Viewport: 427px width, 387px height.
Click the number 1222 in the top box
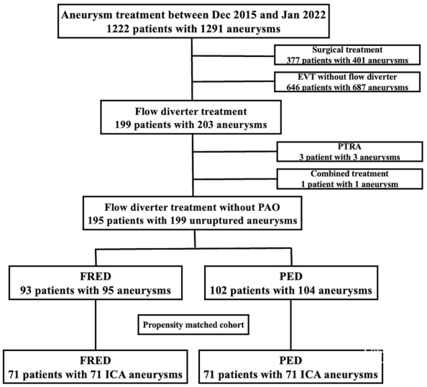pos(118,29)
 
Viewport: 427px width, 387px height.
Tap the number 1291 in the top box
pos(212,29)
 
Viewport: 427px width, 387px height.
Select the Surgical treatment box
pos(347,55)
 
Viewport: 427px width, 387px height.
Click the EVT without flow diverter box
pos(347,82)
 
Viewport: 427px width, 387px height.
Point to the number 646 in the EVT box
pos(293,87)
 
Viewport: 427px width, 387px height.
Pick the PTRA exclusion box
pos(349,152)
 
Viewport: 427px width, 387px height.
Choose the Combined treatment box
pos(349,179)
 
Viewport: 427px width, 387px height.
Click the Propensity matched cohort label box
pos(193,325)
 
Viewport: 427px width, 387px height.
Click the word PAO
pos(269,207)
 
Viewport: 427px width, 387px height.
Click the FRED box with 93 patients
pos(96,283)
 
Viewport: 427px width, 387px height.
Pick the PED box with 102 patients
pos(291,283)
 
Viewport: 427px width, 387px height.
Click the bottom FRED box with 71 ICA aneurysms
pos(96,367)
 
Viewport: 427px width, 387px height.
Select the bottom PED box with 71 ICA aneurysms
pos(290,367)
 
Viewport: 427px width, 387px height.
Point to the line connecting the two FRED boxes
pos(96,325)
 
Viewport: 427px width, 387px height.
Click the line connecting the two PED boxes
pos(291,325)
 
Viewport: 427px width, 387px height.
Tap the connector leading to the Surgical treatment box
pos(233,56)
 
